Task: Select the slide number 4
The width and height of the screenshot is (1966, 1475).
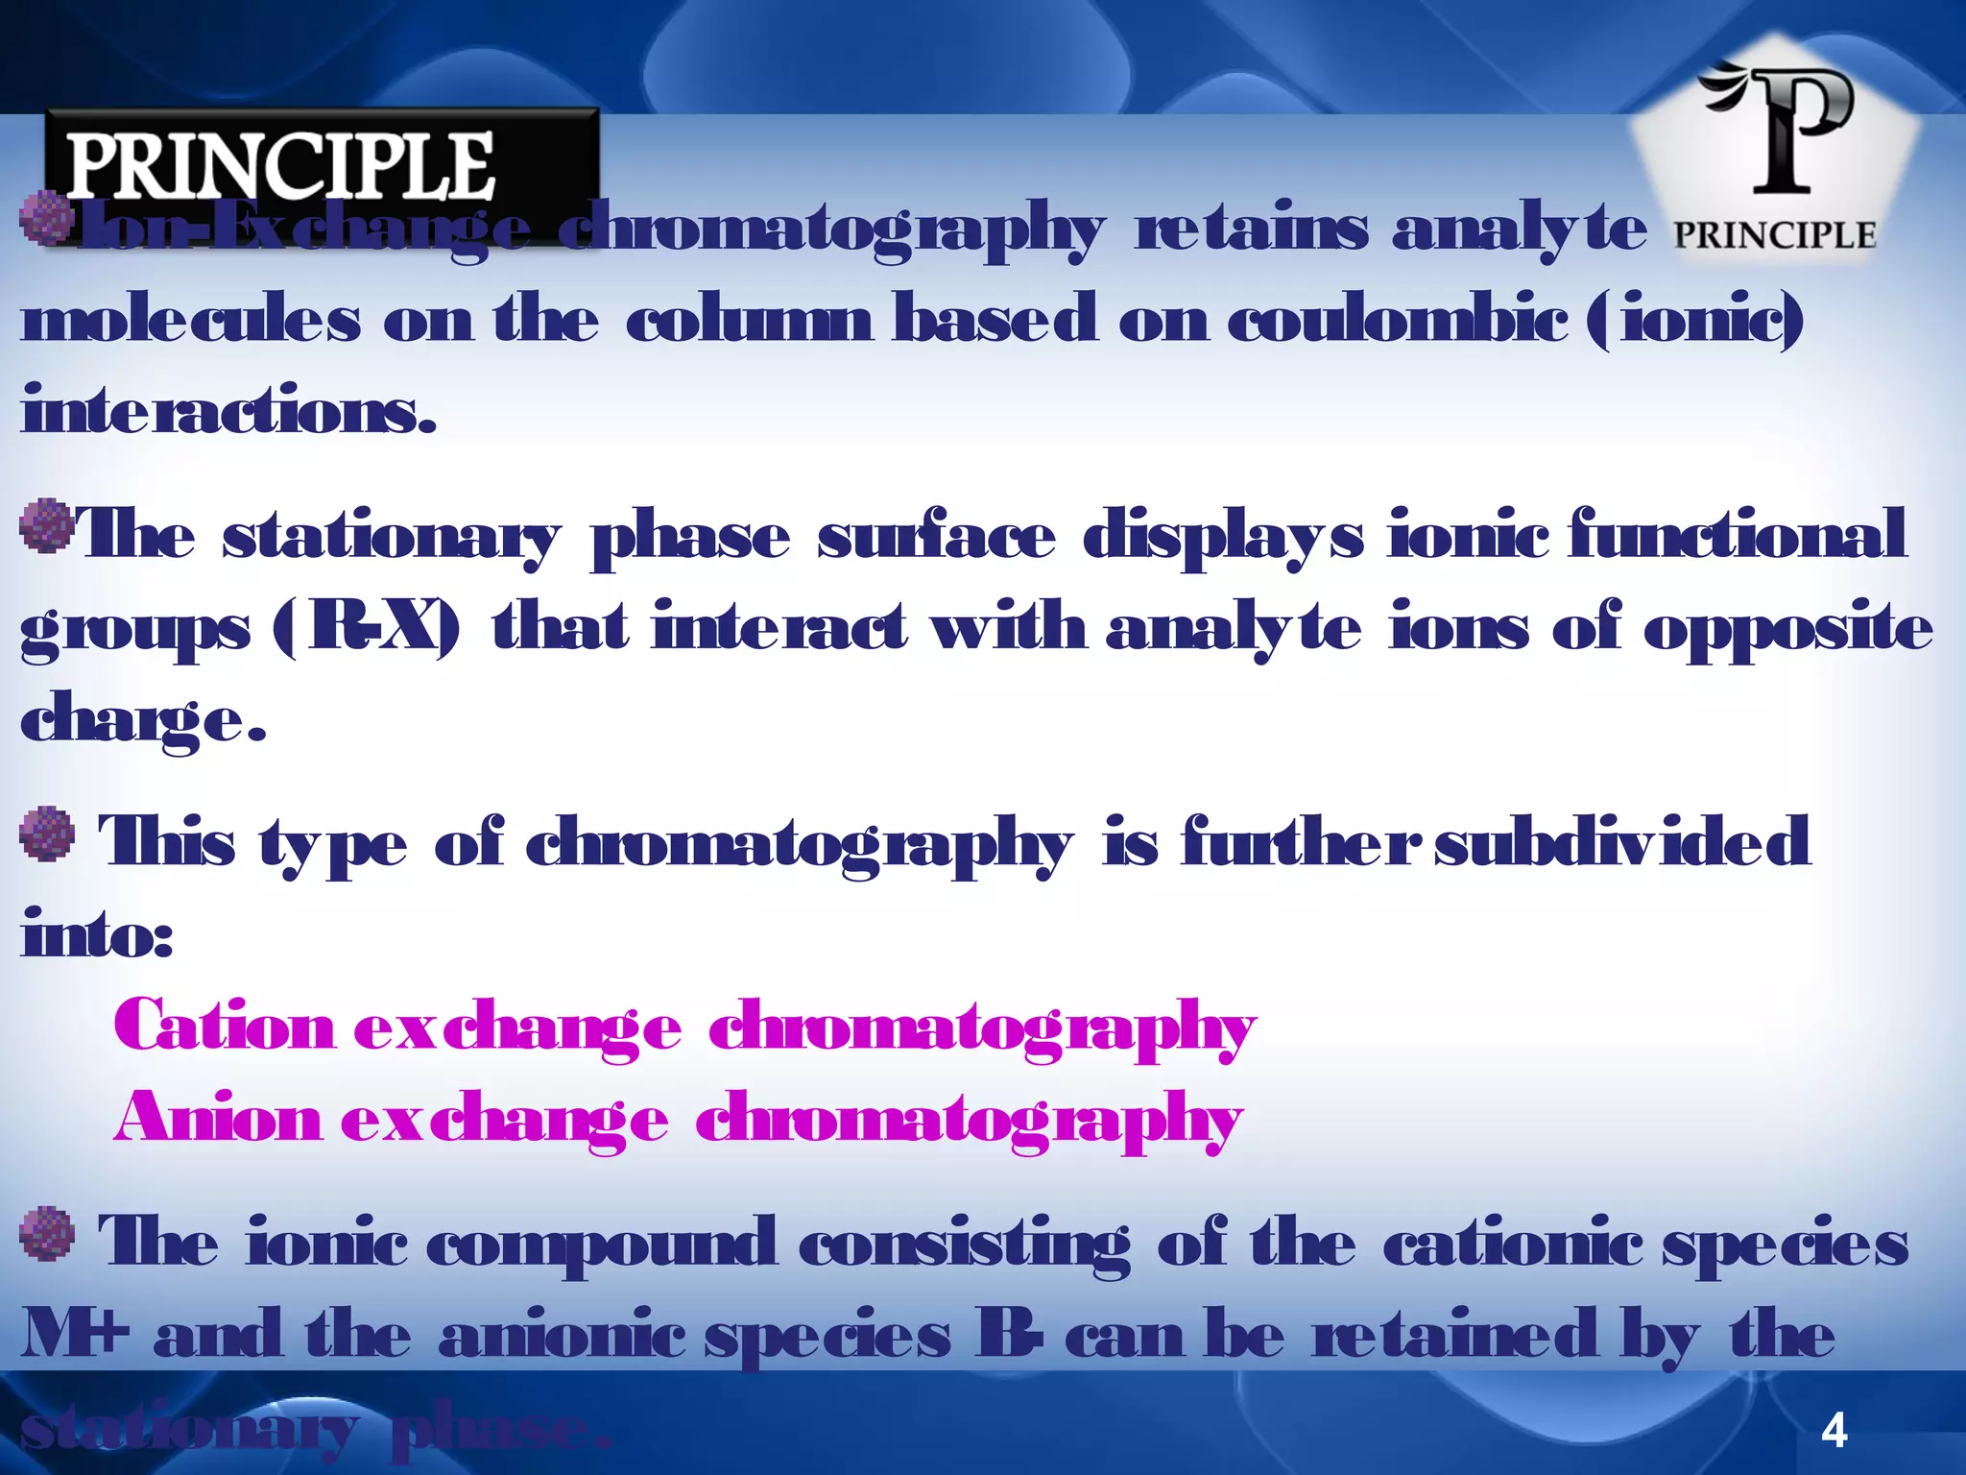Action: coord(1834,1432)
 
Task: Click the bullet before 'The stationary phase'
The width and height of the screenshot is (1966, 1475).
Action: coord(47,525)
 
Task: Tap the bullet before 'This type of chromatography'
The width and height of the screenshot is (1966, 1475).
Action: coord(47,834)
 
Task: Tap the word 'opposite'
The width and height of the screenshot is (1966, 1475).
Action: coord(1787,630)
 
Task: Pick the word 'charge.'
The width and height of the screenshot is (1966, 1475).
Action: coord(142,722)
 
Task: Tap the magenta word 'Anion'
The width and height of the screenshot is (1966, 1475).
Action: coord(217,1119)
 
